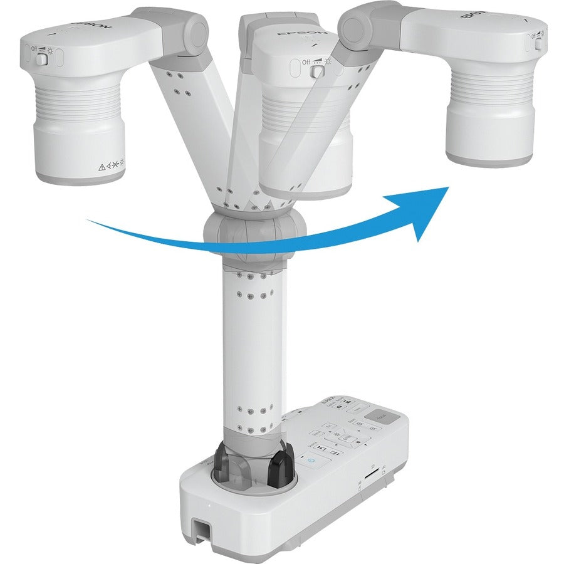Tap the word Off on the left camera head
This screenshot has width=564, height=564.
tap(33, 48)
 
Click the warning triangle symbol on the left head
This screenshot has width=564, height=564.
tap(100, 167)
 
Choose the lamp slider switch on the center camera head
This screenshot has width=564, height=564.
tap(319, 71)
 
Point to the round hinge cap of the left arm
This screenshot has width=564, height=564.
tap(198, 30)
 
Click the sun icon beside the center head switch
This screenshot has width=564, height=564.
tap(328, 61)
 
